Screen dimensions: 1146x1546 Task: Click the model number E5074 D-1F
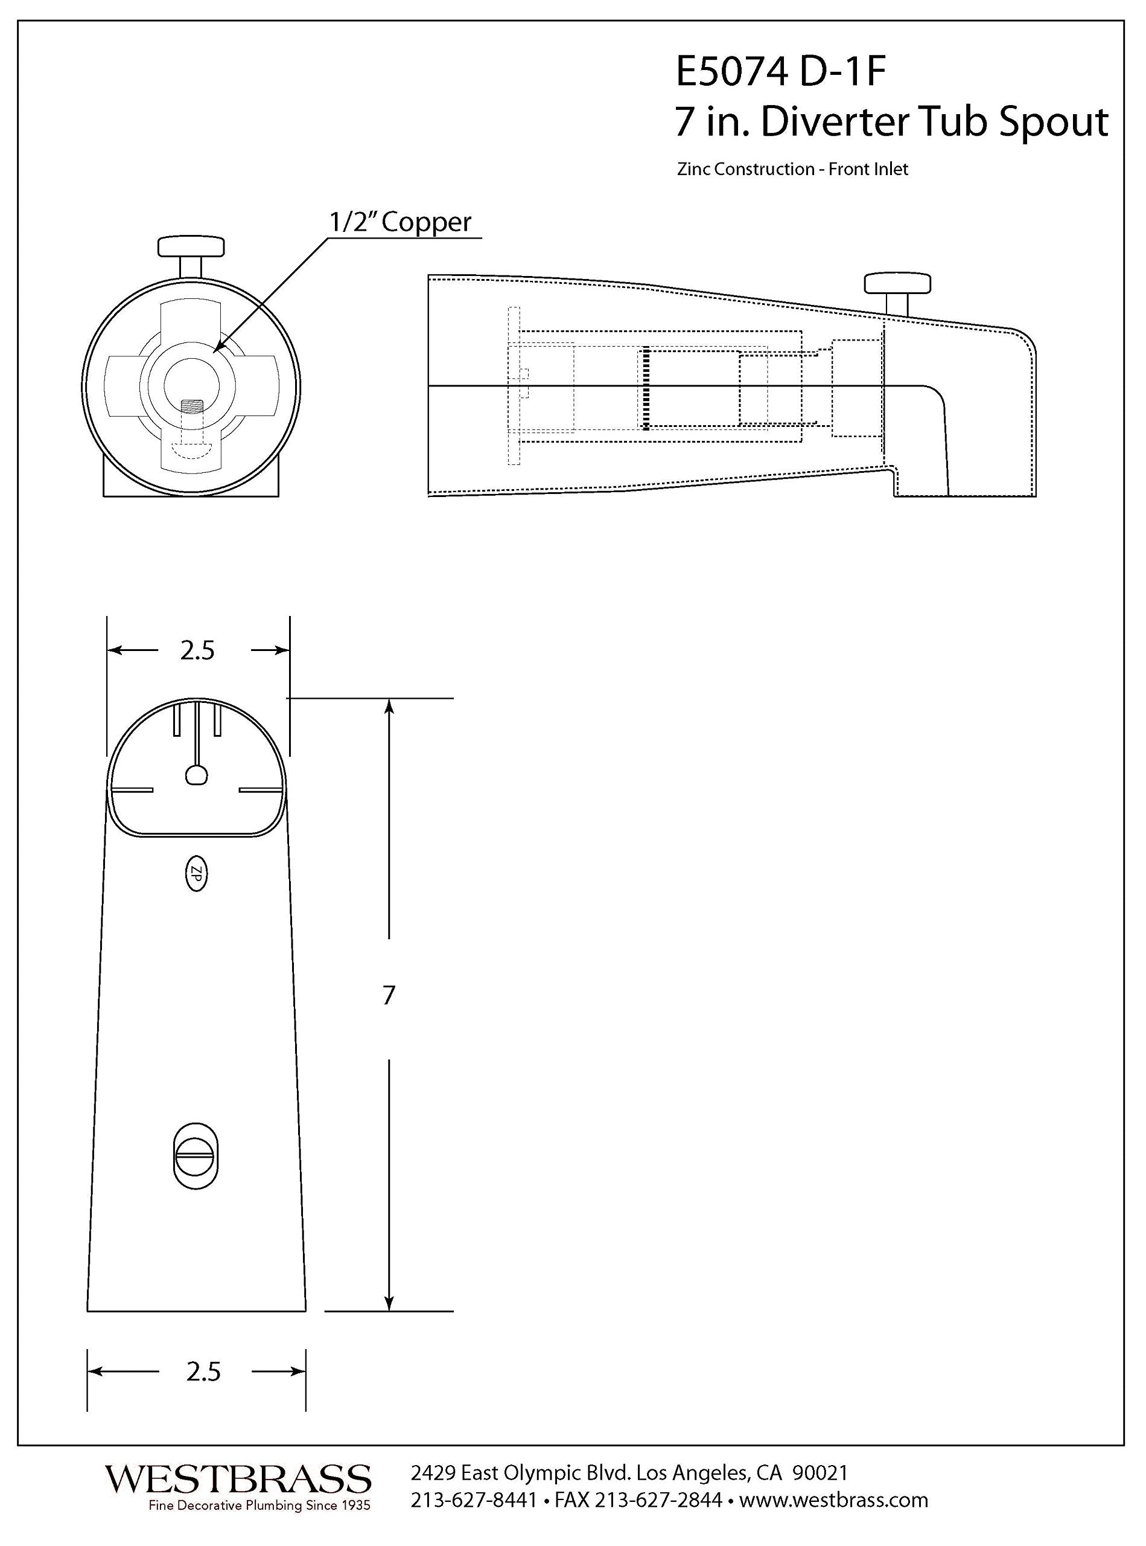781,73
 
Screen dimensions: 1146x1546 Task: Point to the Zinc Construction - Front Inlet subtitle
793,169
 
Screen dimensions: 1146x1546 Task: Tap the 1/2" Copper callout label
400,222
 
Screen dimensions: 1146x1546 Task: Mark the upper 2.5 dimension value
198,650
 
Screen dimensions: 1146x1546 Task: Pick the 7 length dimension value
389,995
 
